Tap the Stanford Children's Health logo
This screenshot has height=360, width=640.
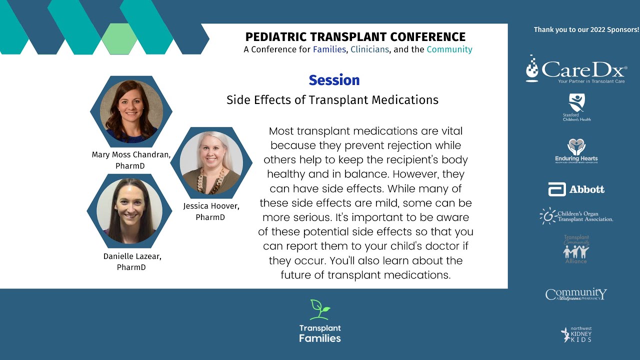pos(576,107)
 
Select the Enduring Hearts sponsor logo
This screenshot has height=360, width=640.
pos(576,151)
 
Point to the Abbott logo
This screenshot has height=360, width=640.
pos(576,189)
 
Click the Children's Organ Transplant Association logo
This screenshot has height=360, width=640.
pos(576,216)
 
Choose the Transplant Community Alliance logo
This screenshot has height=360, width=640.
pos(576,249)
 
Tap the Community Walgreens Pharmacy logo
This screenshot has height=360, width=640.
pos(576,294)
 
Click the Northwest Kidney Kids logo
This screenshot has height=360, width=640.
pos(576,334)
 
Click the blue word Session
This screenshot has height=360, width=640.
pos(334,80)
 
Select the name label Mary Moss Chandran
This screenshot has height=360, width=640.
pos(131,154)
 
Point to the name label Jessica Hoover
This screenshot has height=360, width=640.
pos(210,206)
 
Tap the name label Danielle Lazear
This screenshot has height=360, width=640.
pos(132,256)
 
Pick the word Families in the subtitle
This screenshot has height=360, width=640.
pos(329,49)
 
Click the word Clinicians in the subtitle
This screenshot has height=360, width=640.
pos(369,49)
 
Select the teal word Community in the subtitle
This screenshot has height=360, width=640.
pos(449,49)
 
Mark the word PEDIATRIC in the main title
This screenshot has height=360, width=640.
pos(274,37)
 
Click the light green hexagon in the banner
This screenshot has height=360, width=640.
pos(119,38)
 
